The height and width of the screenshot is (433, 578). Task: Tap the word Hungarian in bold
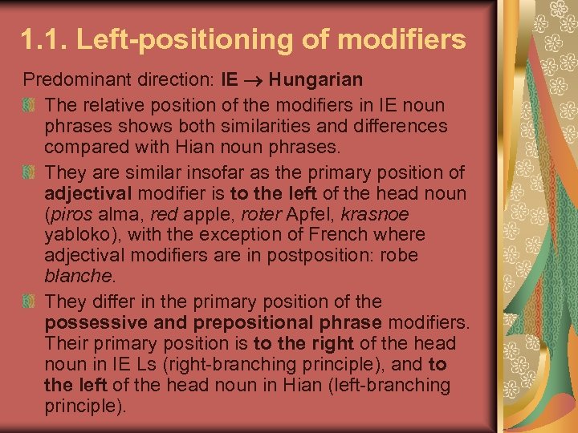[x=315, y=79]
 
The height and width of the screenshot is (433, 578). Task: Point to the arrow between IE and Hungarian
[x=253, y=80]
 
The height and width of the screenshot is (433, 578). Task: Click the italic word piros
[x=70, y=214]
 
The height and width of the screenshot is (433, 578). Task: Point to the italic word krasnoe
[x=375, y=214]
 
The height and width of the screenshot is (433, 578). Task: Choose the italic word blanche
[x=78, y=277]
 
